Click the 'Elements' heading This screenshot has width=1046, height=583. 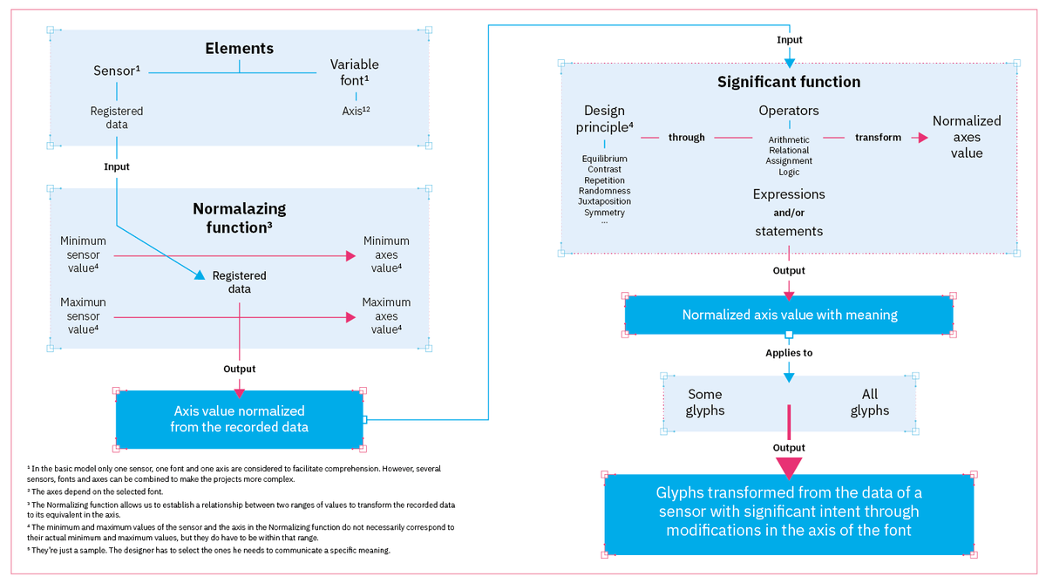click(x=239, y=49)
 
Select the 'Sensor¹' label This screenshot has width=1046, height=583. click(x=117, y=71)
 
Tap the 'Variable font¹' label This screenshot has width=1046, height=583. click(x=355, y=72)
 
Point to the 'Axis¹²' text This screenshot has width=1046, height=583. click(x=356, y=111)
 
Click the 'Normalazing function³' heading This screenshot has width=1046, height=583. click(x=239, y=218)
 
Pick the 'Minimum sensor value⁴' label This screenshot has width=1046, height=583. click(x=83, y=254)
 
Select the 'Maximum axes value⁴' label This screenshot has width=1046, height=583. click(x=386, y=315)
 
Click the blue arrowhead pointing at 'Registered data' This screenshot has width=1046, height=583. click(x=200, y=275)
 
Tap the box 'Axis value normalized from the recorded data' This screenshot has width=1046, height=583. click(x=239, y=418)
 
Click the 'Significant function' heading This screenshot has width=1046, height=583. click(x=788, y=82)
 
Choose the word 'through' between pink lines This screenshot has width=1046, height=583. click(x=687, y=138)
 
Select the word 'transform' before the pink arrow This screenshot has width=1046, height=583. click(x=878, y=138)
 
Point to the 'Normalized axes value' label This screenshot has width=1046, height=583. click(x=966, y=137)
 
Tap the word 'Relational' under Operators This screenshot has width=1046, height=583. click(x=788, y=150)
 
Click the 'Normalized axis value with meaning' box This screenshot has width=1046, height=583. click(x=789, y=315)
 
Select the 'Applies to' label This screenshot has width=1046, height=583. click(x=788, y=354)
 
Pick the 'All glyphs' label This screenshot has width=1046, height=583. click(x=869, y=402)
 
